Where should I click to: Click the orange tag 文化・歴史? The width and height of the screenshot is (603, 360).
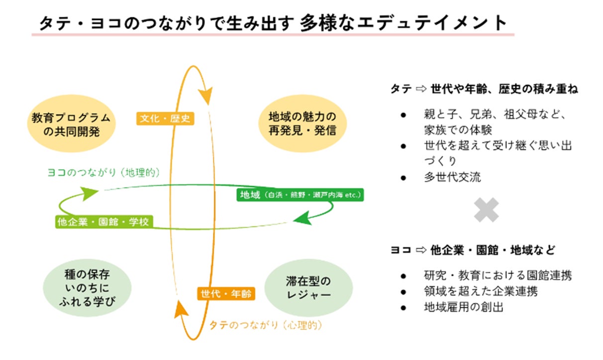[165, 119]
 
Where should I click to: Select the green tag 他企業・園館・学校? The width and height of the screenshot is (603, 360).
[103, 222]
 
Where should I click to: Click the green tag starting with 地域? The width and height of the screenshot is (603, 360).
[300, 195]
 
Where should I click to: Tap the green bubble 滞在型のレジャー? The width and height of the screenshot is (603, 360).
[308, 288]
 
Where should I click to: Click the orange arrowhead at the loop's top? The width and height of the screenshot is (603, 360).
[205, 94]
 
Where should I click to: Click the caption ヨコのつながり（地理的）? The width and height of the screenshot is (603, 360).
[103, 172]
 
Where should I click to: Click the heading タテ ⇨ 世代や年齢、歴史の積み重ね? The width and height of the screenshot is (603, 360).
[484, 90]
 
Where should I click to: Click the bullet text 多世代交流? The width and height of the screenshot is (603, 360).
[452, 177]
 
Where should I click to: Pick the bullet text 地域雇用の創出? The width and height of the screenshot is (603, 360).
[464, 307]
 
